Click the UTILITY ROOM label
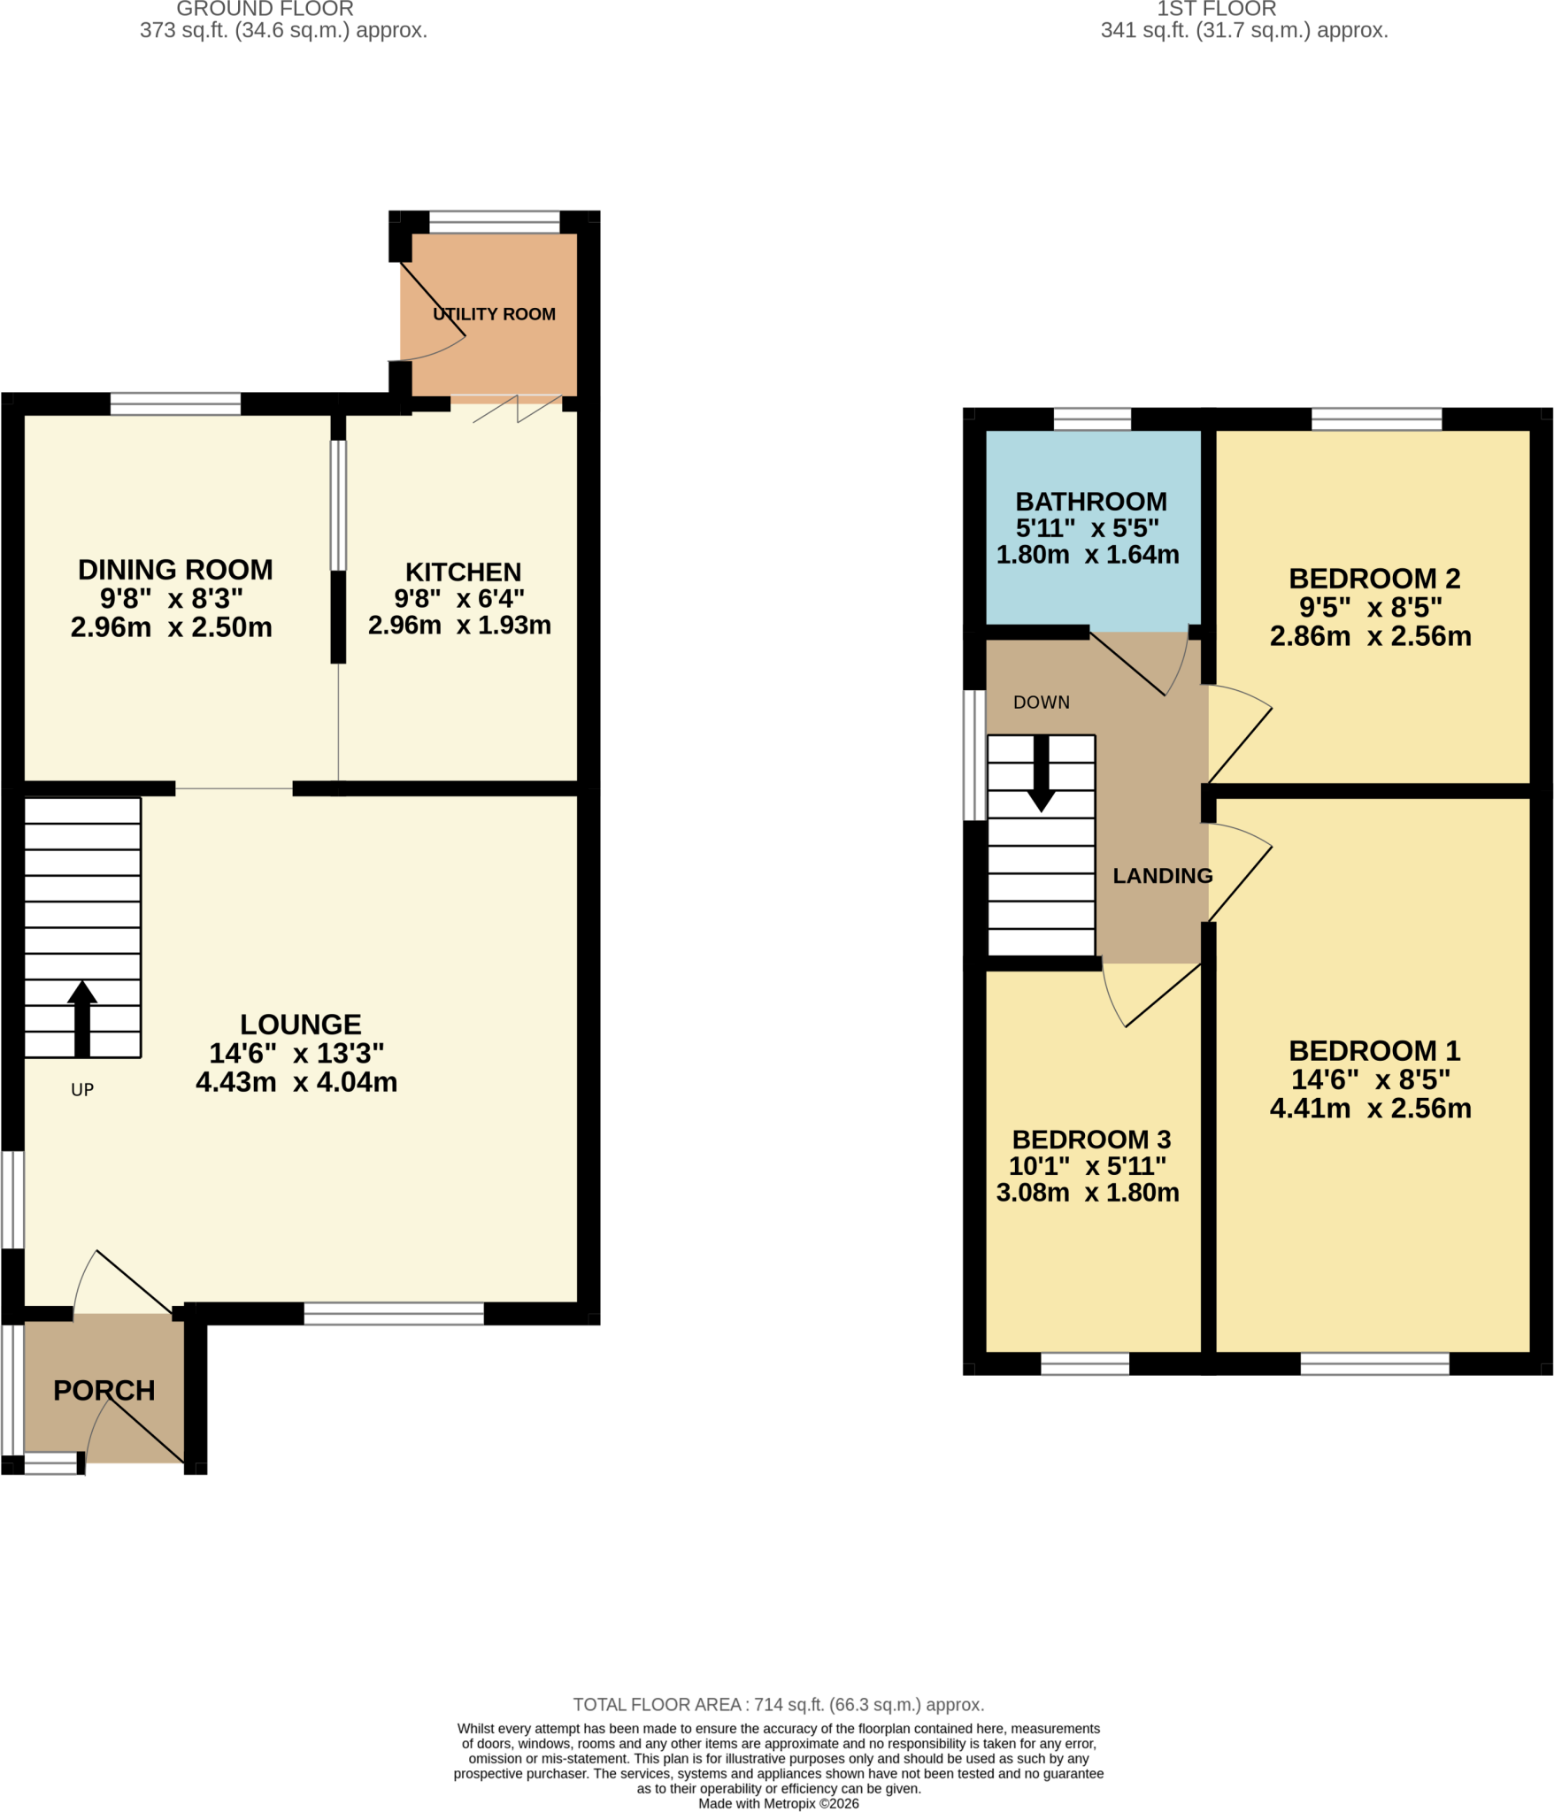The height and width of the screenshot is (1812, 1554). [x=494, y=314]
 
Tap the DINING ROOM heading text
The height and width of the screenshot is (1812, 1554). [x=175, y=570]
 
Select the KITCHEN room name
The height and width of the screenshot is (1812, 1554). [x=463, y=572]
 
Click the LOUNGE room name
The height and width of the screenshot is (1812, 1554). [x=301, y=1025]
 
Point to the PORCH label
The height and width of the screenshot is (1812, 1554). [x=104, y=1390]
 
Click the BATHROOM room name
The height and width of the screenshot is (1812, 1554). [x=1091, y=502]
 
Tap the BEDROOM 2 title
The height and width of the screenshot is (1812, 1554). [x=1374, y=579]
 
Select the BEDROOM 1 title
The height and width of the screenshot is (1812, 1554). [x=1374, y=1051]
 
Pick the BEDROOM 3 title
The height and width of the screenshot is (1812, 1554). [x=1091, y=1140]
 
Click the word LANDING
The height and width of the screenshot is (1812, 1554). [x=1163, y=876]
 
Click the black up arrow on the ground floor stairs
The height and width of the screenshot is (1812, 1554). [x=82, y=1018]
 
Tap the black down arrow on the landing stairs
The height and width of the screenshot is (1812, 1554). [x=1042, y=773]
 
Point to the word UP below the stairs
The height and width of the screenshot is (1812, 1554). [x=82, y=1090]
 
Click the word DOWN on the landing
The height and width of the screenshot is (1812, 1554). [x=1042, y=703]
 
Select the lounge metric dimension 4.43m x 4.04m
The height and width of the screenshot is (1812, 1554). [x=296, y=1082]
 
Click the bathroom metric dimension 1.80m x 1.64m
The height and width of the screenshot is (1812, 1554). [x=1088, y=555]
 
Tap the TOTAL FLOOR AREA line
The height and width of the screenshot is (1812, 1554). [x=779, y=1705]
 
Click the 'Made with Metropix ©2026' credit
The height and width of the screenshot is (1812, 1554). [x=779, y=1804]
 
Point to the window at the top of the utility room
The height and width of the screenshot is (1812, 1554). [x=495, y=222]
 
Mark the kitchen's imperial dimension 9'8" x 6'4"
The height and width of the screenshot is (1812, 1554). [x=459, y=599]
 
